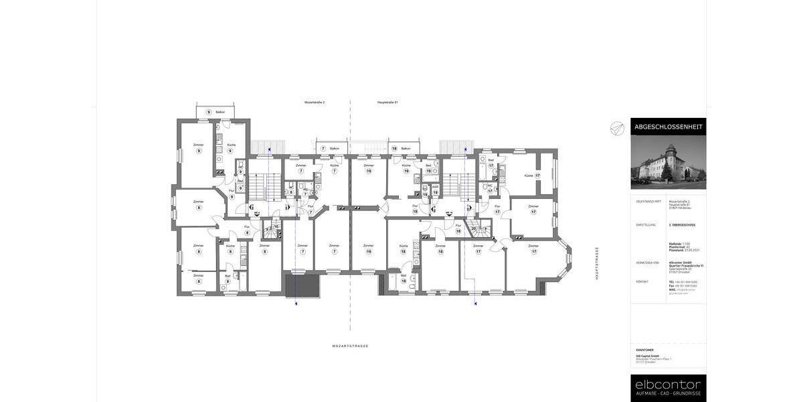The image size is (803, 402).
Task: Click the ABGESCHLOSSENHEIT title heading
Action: click(668, 127)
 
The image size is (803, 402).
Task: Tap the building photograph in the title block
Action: click(668, 163)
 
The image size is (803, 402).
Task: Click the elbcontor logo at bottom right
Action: click(668, 385)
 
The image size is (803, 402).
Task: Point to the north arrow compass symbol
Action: click(617, 129)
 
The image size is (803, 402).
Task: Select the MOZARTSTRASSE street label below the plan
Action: click(350, 346)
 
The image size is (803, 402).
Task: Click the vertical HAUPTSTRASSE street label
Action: click(598, 263)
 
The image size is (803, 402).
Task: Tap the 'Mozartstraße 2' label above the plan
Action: click(315, 103)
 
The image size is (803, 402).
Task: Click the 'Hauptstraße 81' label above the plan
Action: click(387, 103)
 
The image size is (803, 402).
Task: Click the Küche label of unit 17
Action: click(529, 176)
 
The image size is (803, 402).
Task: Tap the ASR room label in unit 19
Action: click(435, 187)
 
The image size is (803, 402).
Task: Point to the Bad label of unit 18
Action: click(404, 275)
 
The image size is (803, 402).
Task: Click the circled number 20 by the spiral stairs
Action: click(474, 228)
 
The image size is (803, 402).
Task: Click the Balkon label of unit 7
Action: click(334, 148)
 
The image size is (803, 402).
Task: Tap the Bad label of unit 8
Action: click(228, 276)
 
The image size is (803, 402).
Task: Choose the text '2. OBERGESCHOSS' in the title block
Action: click(682, 225)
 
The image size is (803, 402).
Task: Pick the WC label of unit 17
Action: click(490, 186)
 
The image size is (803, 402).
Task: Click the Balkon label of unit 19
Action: click(406, 148)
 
